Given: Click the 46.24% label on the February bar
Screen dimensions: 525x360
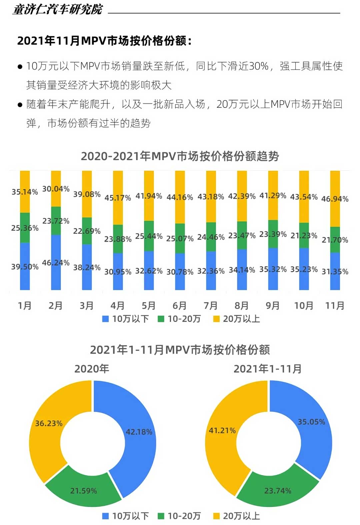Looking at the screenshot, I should click(x=56, y=263).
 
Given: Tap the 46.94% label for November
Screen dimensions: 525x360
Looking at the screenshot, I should click(x=335, y=199).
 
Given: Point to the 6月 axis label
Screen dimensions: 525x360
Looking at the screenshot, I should click(x=180, y=306).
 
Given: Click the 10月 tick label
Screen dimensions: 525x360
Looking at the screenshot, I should click(x=304, y=306).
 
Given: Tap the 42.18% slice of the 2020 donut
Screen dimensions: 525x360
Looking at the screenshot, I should click(x=139, y=432).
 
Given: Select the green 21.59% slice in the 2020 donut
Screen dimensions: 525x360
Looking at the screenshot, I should click(x=83, y=491).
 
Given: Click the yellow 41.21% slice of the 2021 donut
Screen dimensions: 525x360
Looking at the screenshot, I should click(x=222, y=431).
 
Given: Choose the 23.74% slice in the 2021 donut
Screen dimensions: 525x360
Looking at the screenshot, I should click(x=278, y=491).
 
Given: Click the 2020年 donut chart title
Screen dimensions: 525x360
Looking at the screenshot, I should click(x=92, y=369).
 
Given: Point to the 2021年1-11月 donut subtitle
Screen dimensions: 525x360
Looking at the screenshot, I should click(x=268, y=369).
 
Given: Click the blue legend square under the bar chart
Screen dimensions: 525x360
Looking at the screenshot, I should click(x=105, y=319).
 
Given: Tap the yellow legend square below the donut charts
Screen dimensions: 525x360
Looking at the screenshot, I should click(x=216, y=516).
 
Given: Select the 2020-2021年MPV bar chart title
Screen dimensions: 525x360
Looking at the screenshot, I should click(x=180, y=156).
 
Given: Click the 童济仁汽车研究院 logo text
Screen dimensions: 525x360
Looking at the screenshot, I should click(x=58, y=9).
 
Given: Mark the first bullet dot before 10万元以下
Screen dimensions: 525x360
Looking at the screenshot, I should click(x=20, y=67).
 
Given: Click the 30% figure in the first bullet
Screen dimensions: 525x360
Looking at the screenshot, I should click(x=259, y=66).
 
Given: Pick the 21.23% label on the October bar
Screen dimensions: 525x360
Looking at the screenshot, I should click(x=304, y=236).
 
